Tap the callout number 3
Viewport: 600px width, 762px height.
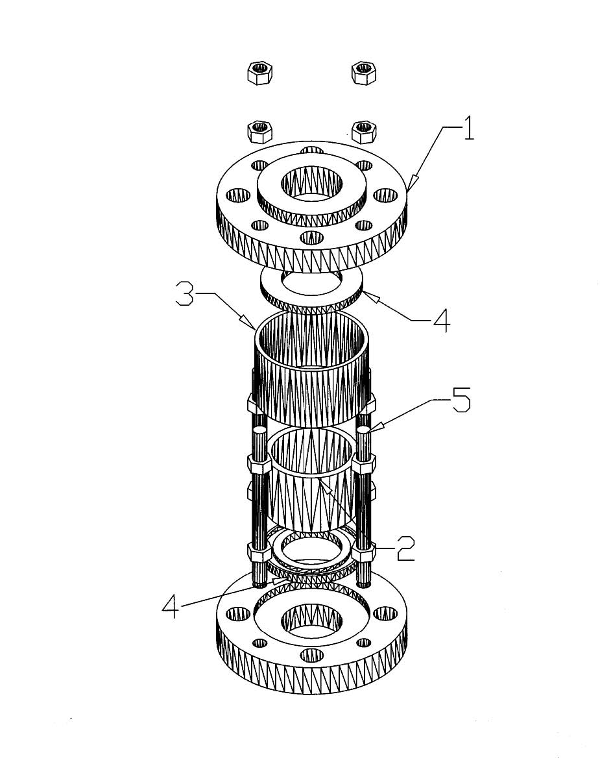coord(184,296)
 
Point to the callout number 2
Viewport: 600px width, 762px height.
coord(405,549)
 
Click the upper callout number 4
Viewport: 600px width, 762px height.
coord(442,322)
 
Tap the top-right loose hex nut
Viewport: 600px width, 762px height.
coord(365,73)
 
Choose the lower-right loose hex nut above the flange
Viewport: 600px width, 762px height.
coord(364,132)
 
